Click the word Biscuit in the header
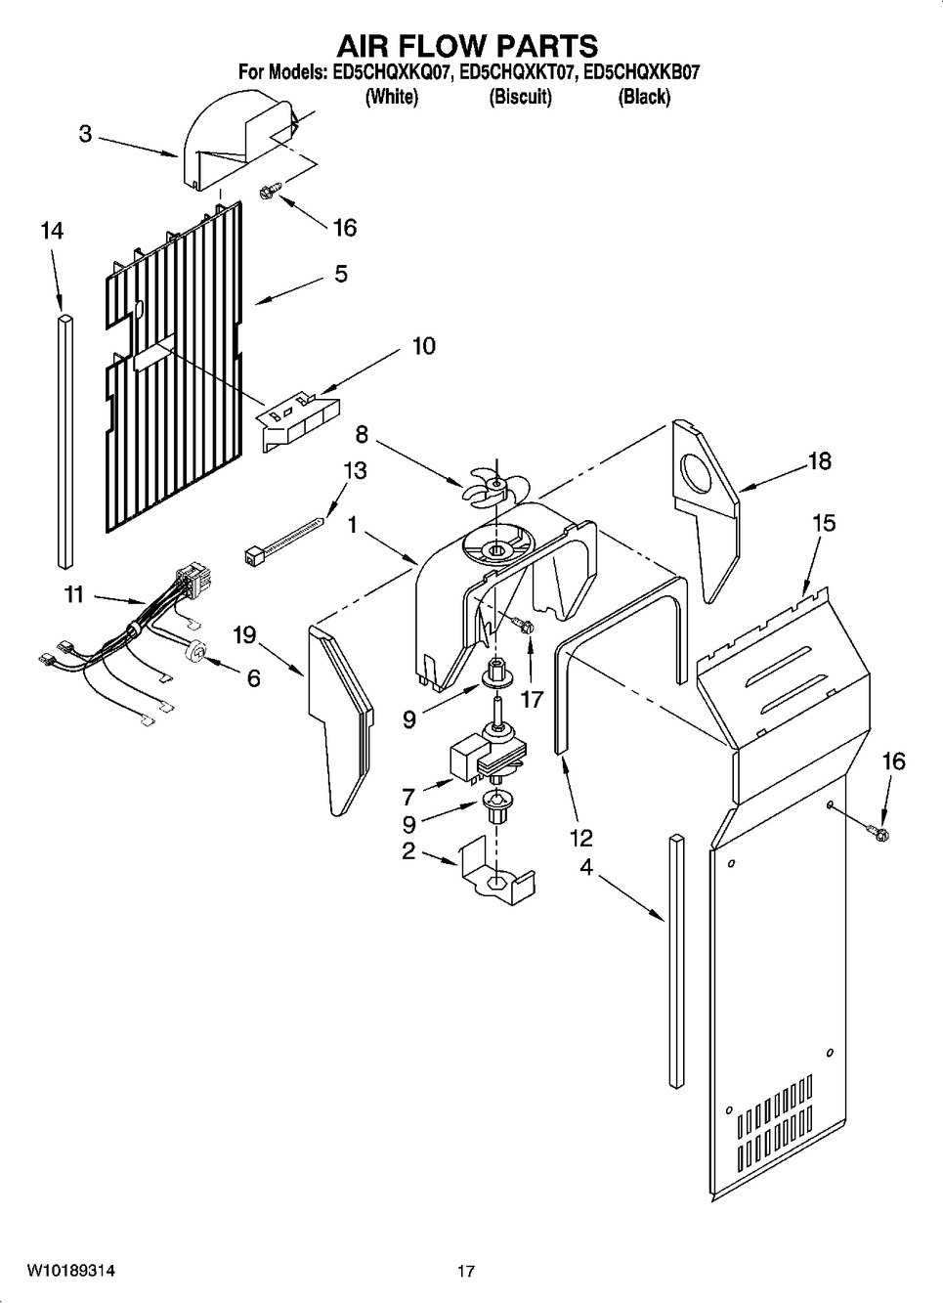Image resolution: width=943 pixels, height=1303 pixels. [520, 97]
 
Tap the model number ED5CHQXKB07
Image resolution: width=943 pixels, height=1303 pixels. [642, 72]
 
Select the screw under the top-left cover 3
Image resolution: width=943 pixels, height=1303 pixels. [271, 190]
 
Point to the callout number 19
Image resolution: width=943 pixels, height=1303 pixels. [244, 635]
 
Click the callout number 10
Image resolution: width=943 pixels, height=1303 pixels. [423, 346]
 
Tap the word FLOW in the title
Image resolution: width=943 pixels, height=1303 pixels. [467, 46]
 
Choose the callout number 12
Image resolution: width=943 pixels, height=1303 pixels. [581, 838]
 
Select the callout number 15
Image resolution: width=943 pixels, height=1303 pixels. [825, 523]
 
